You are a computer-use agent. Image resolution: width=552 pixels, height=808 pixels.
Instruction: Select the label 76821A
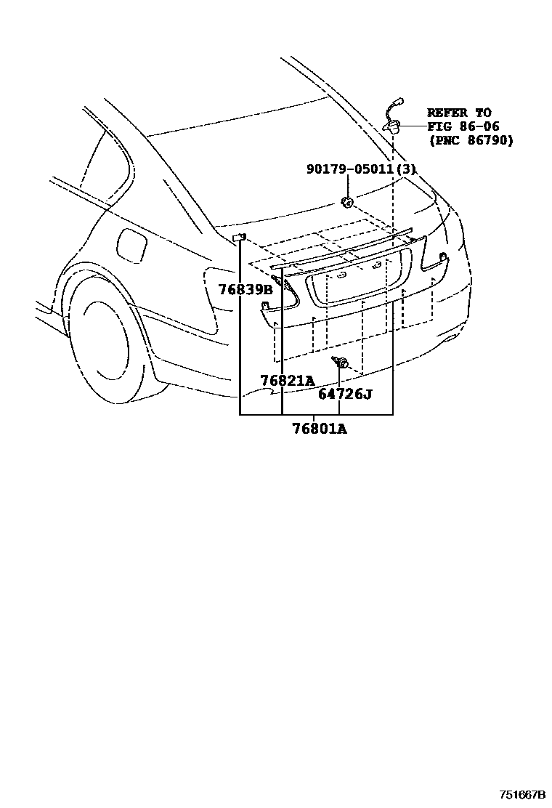[288, 381]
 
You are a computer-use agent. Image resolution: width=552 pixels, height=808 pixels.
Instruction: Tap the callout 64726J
[344, 395]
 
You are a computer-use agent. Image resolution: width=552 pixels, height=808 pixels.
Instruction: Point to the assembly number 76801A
[320, 429]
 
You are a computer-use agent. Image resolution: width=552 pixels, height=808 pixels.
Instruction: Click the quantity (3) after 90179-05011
[408, 169]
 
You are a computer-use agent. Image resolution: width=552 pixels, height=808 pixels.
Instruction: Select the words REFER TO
[458, 113]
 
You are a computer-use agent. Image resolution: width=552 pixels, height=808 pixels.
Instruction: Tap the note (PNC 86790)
[470, 140]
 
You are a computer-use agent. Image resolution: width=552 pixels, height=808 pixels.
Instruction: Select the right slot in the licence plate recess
[376, 266]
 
